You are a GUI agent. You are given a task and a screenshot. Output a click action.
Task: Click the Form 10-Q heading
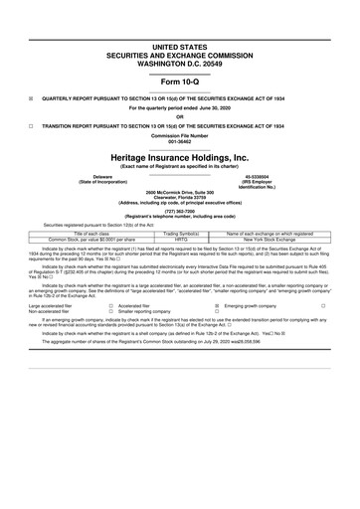coord(180,82)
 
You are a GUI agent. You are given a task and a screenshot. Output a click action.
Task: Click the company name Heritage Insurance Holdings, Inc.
coord(180,157)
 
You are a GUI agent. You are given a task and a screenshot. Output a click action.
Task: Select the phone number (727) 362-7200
coord(180,211)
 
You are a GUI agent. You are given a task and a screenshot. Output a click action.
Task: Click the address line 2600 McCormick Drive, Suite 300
coord(180,190)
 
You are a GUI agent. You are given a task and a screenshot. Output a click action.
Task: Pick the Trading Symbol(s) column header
coord(181,233)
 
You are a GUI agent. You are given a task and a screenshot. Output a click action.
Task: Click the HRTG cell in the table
coord(181,240)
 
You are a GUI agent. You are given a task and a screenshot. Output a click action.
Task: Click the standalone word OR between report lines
coord(180,115)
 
